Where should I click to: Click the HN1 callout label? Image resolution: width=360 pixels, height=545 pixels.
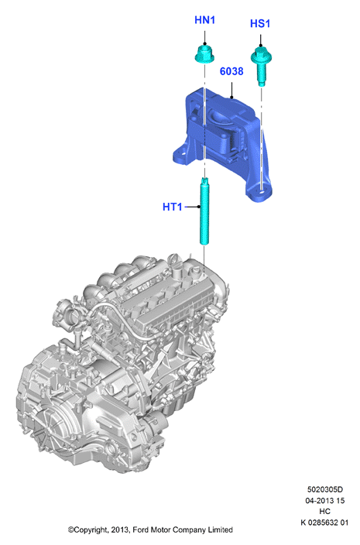tap(204, 20)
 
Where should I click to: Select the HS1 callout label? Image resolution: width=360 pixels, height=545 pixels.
tap(260, 24)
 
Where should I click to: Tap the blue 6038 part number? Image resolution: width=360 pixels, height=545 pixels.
tap(231, 71)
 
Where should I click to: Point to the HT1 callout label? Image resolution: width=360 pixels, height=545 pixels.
tap(173, 207)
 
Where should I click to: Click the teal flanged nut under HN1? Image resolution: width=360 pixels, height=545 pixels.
tap(204, 56)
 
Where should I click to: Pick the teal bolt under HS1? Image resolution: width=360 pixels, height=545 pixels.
tap(261, 65)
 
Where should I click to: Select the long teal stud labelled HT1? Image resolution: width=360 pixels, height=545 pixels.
tap(204, 211)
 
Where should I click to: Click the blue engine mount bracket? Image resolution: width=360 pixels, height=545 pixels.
tap(223, 142)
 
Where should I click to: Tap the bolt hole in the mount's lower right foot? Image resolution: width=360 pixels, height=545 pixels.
tap(262, 190)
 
